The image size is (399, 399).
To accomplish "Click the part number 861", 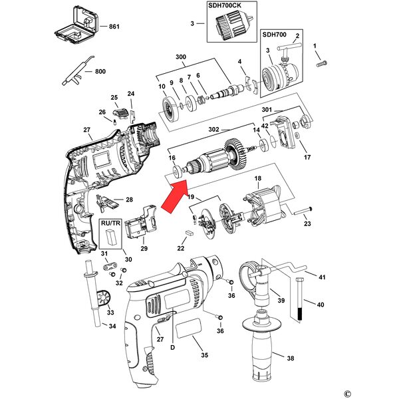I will click(x=114, y=27).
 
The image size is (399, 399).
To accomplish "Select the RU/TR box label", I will click(x=110, y=224).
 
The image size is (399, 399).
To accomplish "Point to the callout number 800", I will click(x=100, y=71).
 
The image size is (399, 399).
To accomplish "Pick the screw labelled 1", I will click(x=323, y=63).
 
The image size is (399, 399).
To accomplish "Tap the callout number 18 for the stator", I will click(x=257, y=178).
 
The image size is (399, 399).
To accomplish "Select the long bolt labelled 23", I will click(x=301, y=214).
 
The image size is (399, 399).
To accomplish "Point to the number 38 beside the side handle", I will click(x=290, y=359).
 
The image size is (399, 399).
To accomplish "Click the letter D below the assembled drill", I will click(x=173, y=346).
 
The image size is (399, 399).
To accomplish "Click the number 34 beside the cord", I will click(x=112, y=326).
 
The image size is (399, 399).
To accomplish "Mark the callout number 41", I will click(x=321, y=277).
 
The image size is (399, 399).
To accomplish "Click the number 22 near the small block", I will click(x=180, y=248).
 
